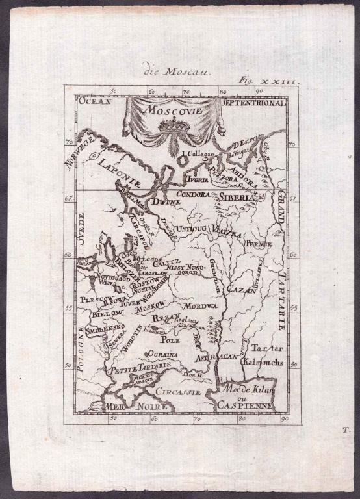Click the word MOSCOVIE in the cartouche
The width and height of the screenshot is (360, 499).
173,110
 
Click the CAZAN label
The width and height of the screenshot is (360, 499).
241,290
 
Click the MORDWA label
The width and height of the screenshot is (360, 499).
199,306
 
